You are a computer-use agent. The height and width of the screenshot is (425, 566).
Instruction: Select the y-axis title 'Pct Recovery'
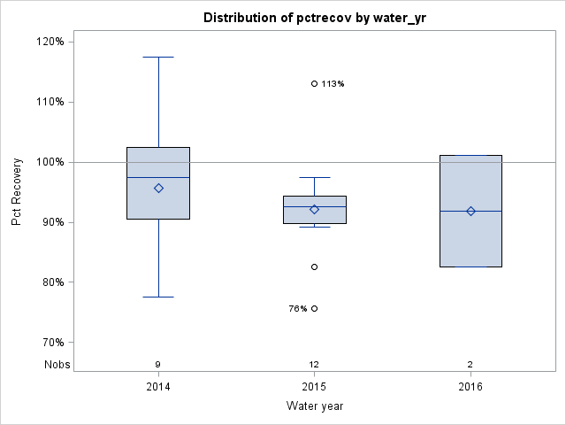pyautogui.click(x=18, y=192)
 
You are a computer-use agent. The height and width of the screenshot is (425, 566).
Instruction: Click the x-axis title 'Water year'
pyautogui.click(x=314, y=406)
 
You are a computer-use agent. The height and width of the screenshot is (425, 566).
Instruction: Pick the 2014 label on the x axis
pyautogui.click(x=158, y=387)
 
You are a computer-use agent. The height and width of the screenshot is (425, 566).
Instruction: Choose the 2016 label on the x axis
pyautogui.click(x=470, y=387)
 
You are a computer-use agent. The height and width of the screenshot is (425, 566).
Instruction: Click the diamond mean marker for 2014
pyautogui.click(x=158, y=188)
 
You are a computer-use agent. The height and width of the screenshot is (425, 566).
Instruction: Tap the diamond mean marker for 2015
pyautogui.click(x=314, y=209)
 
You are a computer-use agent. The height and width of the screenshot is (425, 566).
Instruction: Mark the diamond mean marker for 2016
pyautogui.click(x=470, y=211)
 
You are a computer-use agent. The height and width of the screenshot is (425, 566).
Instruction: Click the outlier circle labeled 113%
pyautogui.click(x=314, y=83)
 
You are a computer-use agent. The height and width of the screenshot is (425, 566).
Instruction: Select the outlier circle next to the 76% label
pyautogui.click(x=314, y=308)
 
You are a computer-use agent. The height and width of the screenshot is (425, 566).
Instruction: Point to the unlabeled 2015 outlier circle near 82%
pyautogui.click(x=314, y=267)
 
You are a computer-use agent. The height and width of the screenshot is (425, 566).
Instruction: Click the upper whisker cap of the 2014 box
pyautogui.click(x=158, y=57)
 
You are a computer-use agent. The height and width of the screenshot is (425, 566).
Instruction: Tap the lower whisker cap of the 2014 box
pyautogui.click(x=158, y=297)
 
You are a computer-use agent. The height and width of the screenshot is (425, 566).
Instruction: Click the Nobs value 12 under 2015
pyautogui.click(x=314, y=365)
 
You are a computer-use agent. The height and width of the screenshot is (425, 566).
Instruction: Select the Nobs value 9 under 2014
pyautogui.click(x=158, y=365)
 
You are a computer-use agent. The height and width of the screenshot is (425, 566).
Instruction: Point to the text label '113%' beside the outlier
pyautogui.click(x=333, y=84)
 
